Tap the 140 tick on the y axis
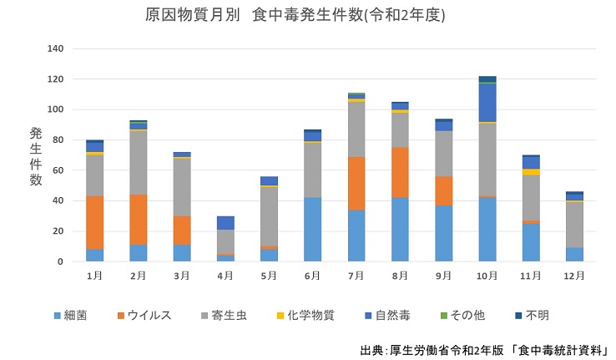[x=56, y=48]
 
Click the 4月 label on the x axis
[x=225, y=276]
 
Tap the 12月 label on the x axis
[x=574, y=276]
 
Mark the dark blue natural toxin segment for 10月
[x=487, y=103]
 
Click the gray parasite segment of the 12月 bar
[x=574, y=225]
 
